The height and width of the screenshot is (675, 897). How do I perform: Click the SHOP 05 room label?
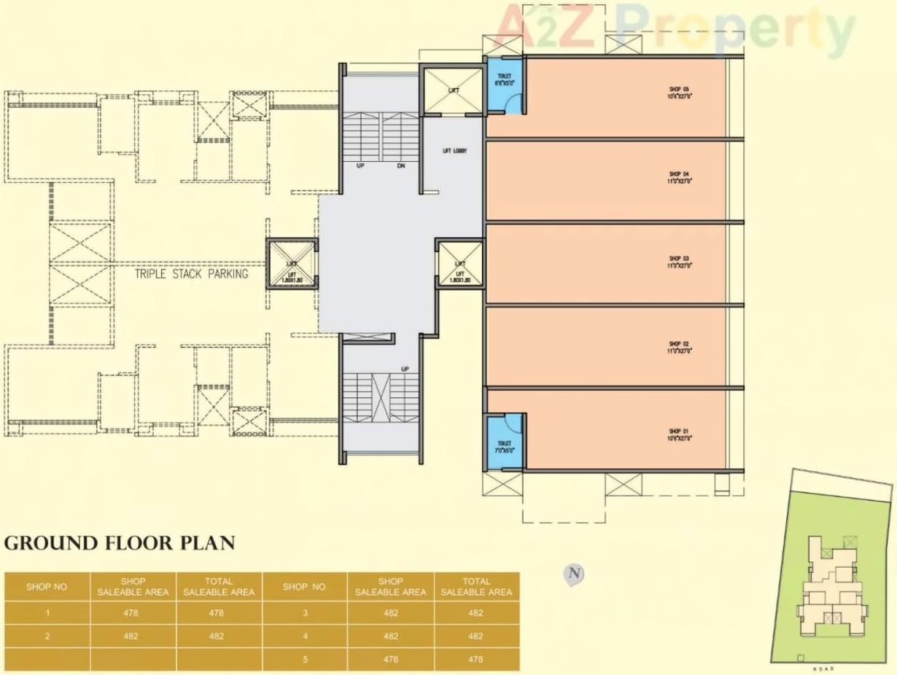pyautogui.click(x=679, y=93)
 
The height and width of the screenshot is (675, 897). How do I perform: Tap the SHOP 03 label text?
pyautogui.click(x=679, y=262)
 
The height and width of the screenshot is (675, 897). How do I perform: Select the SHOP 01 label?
pyautogui.click(x=679, y=434)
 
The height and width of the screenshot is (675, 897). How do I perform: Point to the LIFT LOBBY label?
pyautogui.click(x=454, y=152)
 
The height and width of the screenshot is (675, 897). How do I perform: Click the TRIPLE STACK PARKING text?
pyautogui.click(x=191, y=274)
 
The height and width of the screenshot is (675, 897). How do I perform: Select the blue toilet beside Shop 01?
pyautogui.click(x=505, y=440)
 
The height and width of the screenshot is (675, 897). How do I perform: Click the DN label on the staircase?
pyautogui.click(x=401, y=166)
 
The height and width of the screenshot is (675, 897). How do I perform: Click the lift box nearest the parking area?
pyautogui.click(x=292, y=265)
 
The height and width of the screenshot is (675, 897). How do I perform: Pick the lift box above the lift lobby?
pyautogui.click(x=454, y=90)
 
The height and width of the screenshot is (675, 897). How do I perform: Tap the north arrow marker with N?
pyautogui.click(x=575, y=574)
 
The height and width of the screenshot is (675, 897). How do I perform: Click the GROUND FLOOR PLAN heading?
pyautogui.click(x=120, y=544)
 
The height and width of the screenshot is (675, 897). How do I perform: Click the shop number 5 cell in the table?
pyautogui.click(x=305, y=659)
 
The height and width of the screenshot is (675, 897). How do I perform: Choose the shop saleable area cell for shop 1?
pyautogui.click(x=133, y=613)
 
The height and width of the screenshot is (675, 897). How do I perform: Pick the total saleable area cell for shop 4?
pyautogui.click(x=476, y=636)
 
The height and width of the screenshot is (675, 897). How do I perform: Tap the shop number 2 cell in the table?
pyautogui.click(x=47, y=636)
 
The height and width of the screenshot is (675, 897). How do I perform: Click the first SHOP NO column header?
pyautogui.click(x=47, y=586)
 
